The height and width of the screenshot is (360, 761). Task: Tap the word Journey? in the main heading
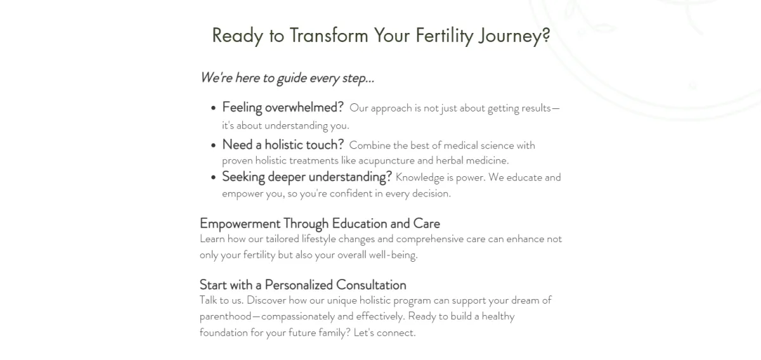coord(514,35)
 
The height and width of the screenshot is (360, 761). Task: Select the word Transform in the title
coord(329,35)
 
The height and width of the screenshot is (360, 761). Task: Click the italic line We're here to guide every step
coord(287,78)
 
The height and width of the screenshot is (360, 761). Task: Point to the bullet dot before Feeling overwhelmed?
coord(213,108)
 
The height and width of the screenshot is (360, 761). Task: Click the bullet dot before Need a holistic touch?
coord(213,146)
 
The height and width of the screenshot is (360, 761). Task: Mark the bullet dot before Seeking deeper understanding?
coord(213,177)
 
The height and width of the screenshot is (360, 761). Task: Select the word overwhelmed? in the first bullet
coord(304,107)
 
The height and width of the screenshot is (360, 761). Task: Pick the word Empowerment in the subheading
coord(240,224)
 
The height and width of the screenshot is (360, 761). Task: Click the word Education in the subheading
coord(360,224)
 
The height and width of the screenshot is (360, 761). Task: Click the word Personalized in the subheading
coord(298,285)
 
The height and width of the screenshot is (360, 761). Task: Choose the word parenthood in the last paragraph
coord(226,316)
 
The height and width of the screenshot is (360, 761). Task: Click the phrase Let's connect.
coord(384,333)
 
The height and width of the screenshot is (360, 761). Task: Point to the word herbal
coord(450,160)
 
